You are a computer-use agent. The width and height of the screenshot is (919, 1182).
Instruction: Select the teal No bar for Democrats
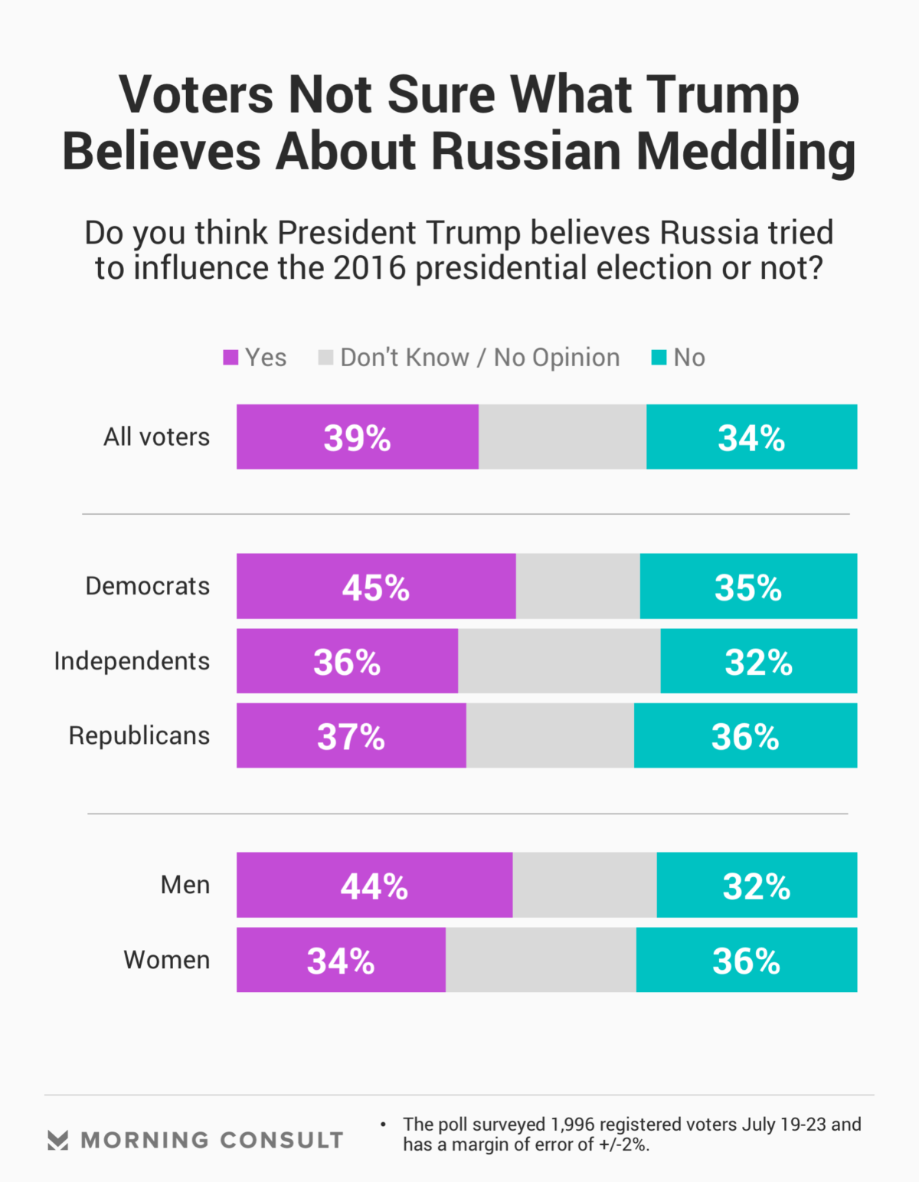(x=748, y=586)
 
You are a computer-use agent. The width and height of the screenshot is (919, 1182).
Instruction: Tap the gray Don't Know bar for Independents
(x=559, y=661)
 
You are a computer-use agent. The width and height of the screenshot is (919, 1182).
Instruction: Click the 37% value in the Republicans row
(x=351, y=737)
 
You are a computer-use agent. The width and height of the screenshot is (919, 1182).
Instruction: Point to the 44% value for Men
(x=374, y=886)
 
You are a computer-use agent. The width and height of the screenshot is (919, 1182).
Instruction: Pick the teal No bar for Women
(x=746, y=960)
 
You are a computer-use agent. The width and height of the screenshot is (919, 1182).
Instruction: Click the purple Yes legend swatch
(x=231, y=358)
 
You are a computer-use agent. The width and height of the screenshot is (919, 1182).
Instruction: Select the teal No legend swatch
(x=659, y=358)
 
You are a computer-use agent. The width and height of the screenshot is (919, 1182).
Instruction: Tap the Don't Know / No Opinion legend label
(x=479, y=358)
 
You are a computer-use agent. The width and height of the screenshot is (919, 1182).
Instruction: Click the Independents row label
(x=132, y=661)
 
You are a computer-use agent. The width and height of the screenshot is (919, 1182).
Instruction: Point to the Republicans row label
(x=139, y=735)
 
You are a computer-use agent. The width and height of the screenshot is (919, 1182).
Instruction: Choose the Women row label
(x=167, y=960)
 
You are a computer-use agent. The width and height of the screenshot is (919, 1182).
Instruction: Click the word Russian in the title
(x=525, y=151)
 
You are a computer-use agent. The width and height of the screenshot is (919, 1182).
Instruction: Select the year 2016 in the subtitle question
(x=369, y=268)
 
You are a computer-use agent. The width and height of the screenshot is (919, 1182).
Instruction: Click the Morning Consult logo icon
(x=58, y=1140)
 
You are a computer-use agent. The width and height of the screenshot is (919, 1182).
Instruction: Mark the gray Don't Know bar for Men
(x=584, y=885)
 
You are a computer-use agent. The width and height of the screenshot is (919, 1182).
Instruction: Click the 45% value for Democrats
(x=375, y=588)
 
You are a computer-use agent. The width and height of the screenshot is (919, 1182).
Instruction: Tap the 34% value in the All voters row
(x=751, y=438)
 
